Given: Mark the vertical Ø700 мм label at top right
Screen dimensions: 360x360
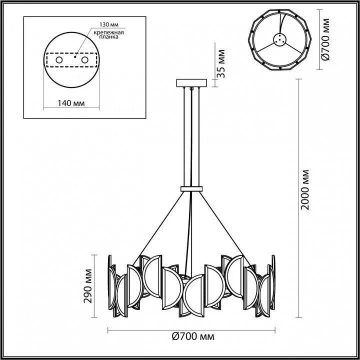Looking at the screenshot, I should tap(326, 39).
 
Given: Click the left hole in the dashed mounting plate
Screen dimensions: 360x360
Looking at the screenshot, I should tap(59, 60).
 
